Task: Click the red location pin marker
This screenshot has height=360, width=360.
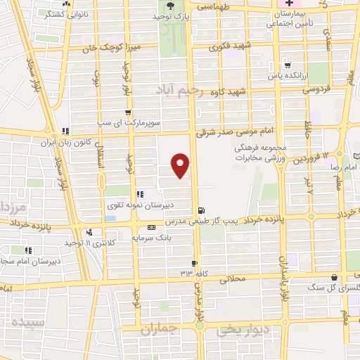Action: [181, 165]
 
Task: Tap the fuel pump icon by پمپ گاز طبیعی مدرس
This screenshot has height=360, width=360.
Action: [202, 210]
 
